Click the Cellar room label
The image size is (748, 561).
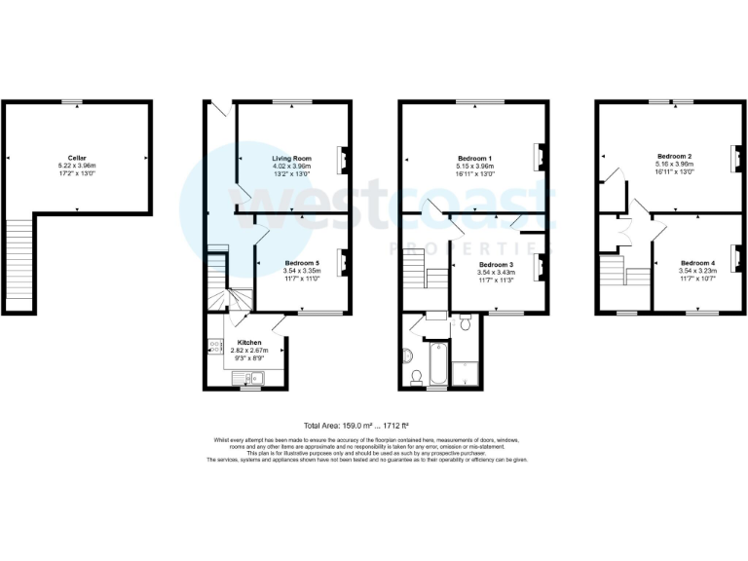click(x=77, y=157)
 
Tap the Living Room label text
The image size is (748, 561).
click(x=290, y=158)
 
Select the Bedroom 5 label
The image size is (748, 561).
click(x=302, y=263)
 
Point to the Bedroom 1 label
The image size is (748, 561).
click(x=475, y=158)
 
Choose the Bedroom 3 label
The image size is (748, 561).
click(x=496, y=264)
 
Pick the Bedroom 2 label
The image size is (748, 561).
click(x=674, y=157)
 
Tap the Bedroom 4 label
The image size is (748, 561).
click(x=697, y=263)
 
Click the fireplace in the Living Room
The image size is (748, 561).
click(x=342, y=158)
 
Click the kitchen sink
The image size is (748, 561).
click(x=211, y=344)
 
